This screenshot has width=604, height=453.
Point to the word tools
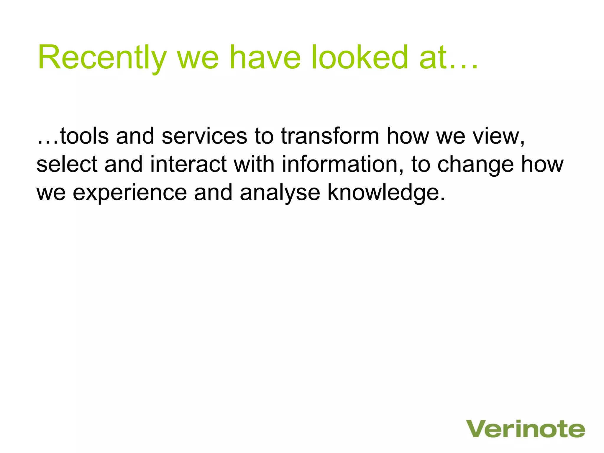(x=84, y=136)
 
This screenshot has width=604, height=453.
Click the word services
(x=204, y=136)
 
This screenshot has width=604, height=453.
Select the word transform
(x=330, y=136)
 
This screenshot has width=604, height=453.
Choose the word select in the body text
(x=67, y=164)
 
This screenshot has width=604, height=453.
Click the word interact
(x=188, y=164)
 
